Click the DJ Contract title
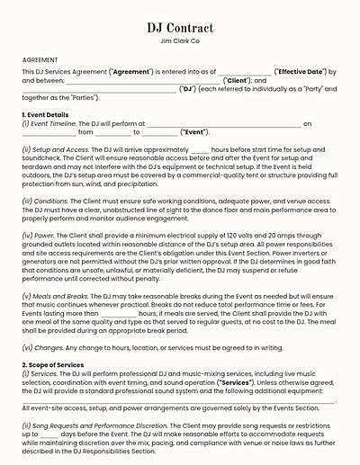pos(180,28)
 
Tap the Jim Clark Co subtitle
pos(180,41)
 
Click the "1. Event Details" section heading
pos(45,115)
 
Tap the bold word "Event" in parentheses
pos(198,132)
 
